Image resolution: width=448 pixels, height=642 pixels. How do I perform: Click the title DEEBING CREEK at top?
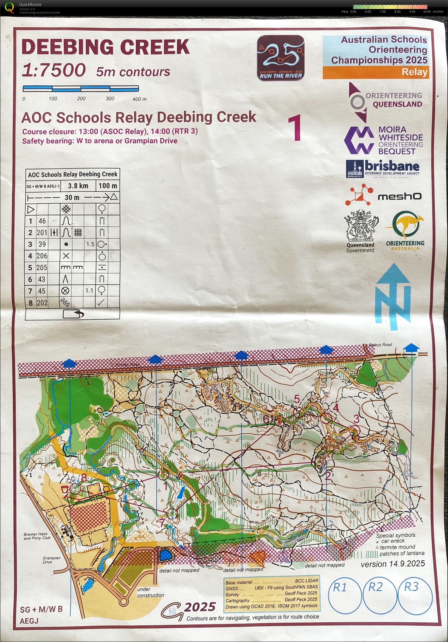point(106,47)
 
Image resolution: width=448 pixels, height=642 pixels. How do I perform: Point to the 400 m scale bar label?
point(139,99)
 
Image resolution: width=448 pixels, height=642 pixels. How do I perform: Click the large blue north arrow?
point(393,296)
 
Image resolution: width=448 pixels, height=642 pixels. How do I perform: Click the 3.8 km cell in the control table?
point(78,186)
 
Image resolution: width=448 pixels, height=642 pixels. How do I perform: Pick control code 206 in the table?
point(42,256)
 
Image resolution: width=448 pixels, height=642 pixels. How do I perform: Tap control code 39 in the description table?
point(42,244)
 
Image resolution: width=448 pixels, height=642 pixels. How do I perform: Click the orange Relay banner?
point(376,72)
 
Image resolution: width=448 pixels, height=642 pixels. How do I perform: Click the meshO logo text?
point(399,197)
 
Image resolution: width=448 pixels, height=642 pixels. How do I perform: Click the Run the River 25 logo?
point(280,58)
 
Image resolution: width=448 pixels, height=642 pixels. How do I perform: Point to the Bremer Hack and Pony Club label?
point(37,536)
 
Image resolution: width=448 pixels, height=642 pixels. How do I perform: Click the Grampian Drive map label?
point(51,560)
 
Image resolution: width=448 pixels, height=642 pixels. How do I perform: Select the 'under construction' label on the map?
point(150,592)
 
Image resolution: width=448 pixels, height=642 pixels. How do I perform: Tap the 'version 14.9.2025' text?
point(393,564)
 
